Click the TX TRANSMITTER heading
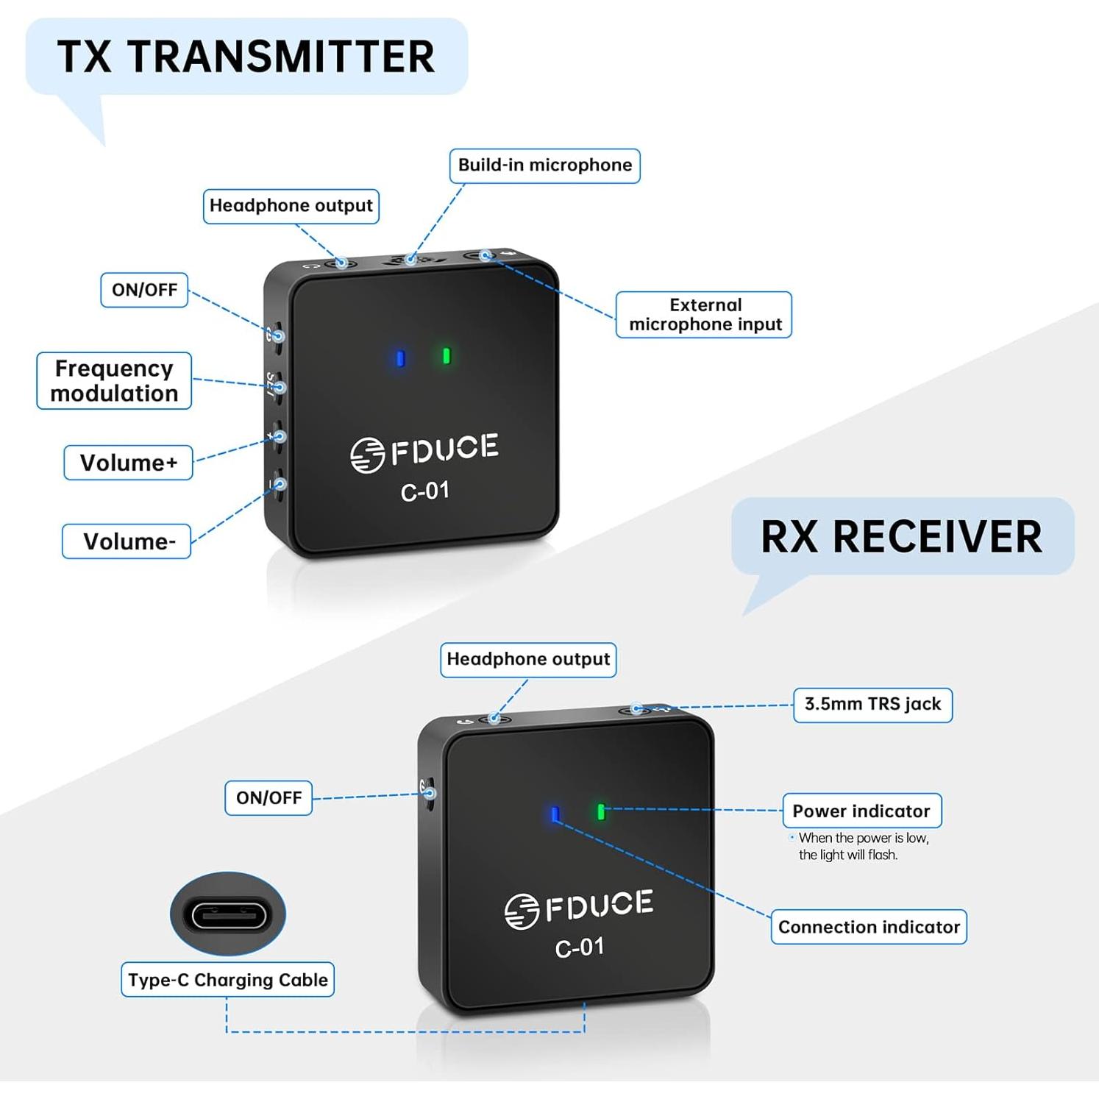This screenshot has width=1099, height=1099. [246, 57]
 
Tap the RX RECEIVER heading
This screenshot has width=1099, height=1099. [901, 536]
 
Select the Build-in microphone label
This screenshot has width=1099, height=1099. [544, 165]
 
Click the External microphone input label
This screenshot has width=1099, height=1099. [704, 315]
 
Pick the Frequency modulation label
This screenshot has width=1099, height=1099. [114, 380]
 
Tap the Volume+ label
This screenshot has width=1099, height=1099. [128, 463]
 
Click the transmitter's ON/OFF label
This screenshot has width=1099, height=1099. [144, 290]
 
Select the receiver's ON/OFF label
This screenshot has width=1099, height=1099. [268, 798]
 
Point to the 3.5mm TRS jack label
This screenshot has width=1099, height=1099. [872, 705]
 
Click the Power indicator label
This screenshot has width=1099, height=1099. [861, 811]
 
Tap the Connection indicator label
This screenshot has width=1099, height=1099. [869, 927]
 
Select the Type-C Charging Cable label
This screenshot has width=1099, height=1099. [227, 980]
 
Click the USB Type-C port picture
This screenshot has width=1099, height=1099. [228, 915]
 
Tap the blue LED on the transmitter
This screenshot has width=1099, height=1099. [400, 358]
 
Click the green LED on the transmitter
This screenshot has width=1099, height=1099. [446, 356]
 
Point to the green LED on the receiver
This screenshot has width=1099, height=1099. [601, 811]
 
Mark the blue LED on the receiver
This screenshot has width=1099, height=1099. [555, 814]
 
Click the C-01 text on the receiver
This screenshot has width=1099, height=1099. [580, 947]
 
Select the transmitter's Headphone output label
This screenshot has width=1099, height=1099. [291, 205]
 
